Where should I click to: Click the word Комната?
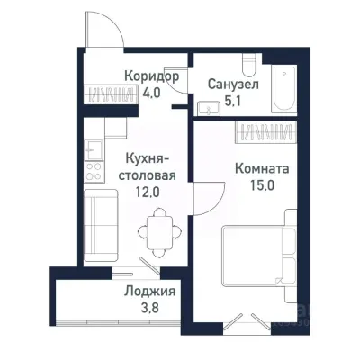[261, 167]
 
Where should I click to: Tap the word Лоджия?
[149, 292]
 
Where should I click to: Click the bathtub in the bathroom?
[283, 89]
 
